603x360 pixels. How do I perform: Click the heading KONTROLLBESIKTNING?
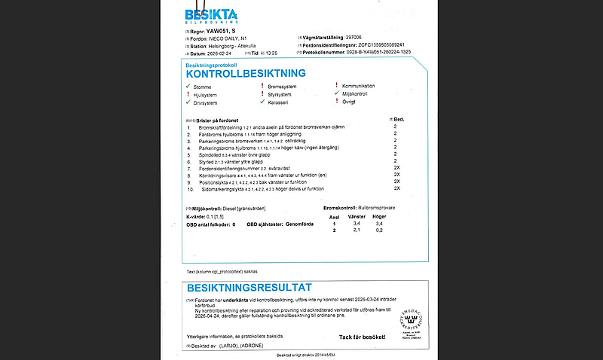[x=246, y=74]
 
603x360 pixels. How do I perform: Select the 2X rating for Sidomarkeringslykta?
[x=396, y=188]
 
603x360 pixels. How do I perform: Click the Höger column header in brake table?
[x=380, y=216]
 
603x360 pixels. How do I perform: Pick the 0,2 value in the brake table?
[x=380, y=230]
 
